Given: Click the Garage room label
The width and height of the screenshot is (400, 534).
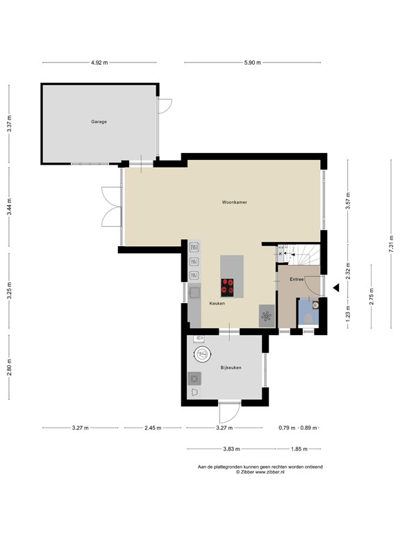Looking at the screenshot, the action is (x=99, y=122).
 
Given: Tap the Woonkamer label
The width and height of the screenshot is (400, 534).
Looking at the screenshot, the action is (x=234, y=202).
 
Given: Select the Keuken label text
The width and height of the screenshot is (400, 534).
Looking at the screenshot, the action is (x=217, y=303).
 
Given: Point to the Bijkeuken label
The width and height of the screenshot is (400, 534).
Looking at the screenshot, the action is (x=231, y=368).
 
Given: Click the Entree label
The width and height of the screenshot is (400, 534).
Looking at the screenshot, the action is (x=297, y=280).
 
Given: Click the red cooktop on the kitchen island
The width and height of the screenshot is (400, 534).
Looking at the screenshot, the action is (x=227, y=286).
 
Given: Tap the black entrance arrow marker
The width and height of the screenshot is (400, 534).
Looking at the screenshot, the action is (x=336, y=288).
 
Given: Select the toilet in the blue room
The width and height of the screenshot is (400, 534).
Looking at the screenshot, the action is (x=309, y=318).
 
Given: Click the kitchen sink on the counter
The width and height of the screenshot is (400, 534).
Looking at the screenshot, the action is (x=195, y=292).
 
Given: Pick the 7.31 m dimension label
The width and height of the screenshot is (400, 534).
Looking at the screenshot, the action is (x=391, y=244).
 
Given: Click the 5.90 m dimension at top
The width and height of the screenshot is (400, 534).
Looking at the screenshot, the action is (x=252, y=63).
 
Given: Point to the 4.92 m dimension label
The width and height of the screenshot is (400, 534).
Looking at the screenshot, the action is (x=99, y=63).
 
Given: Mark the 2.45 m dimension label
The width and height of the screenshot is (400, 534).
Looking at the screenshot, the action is (x=153, y=428).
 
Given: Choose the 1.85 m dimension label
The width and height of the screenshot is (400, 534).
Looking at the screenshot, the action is (x=299, y=449).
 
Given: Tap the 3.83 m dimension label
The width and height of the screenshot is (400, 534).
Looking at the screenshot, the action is (x=231, y=449).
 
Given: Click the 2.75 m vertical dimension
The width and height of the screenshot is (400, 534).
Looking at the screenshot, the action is (x=372, y=297).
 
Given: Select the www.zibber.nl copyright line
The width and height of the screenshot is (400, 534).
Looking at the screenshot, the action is (x=260, y=472).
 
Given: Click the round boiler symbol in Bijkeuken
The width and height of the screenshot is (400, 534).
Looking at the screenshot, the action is (x=203, y=355).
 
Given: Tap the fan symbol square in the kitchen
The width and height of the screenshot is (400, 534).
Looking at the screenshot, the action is (x=267, y=316).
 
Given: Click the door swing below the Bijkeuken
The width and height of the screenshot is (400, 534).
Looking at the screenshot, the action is (x=229, y=413).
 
